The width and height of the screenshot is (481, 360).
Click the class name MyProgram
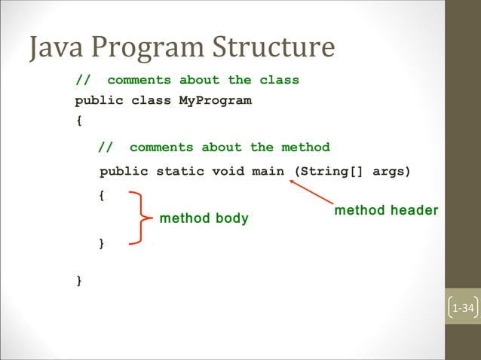pos(215,100)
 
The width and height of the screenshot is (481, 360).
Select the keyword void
pos(228,171)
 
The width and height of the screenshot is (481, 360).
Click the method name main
pos(268,171)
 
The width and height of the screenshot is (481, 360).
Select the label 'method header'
pos(386,210)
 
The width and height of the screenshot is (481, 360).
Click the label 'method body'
pos(204,219)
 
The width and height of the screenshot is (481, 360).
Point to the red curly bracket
pos(137,218)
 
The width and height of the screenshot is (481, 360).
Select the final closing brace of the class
pos(79,280)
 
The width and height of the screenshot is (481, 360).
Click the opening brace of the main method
pos(103,194)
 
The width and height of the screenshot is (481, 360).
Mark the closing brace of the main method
pos(103,243)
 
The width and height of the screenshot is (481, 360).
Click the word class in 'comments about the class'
pos(279,80)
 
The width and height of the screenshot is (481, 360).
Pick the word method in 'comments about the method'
pos(305,147)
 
